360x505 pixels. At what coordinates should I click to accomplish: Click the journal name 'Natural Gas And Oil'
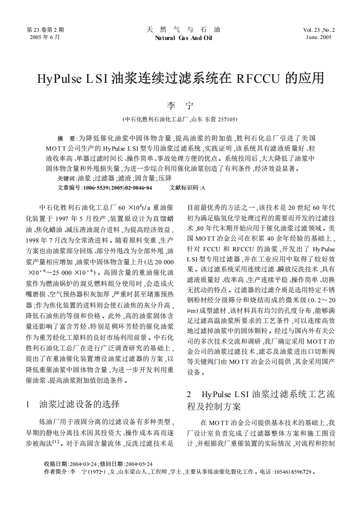tap(183, 38)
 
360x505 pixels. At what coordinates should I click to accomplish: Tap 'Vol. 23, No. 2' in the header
tap(319, 30)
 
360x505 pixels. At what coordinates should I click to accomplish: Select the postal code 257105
tap(227, 119)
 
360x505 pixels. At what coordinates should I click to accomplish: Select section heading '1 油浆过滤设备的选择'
tap(73, 403)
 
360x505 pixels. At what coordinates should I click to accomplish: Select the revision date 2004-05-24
tap(139, 464)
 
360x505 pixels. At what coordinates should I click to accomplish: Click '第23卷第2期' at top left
tap(45, 30)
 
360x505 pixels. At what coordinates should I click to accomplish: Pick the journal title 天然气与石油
tap(183, 29)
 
